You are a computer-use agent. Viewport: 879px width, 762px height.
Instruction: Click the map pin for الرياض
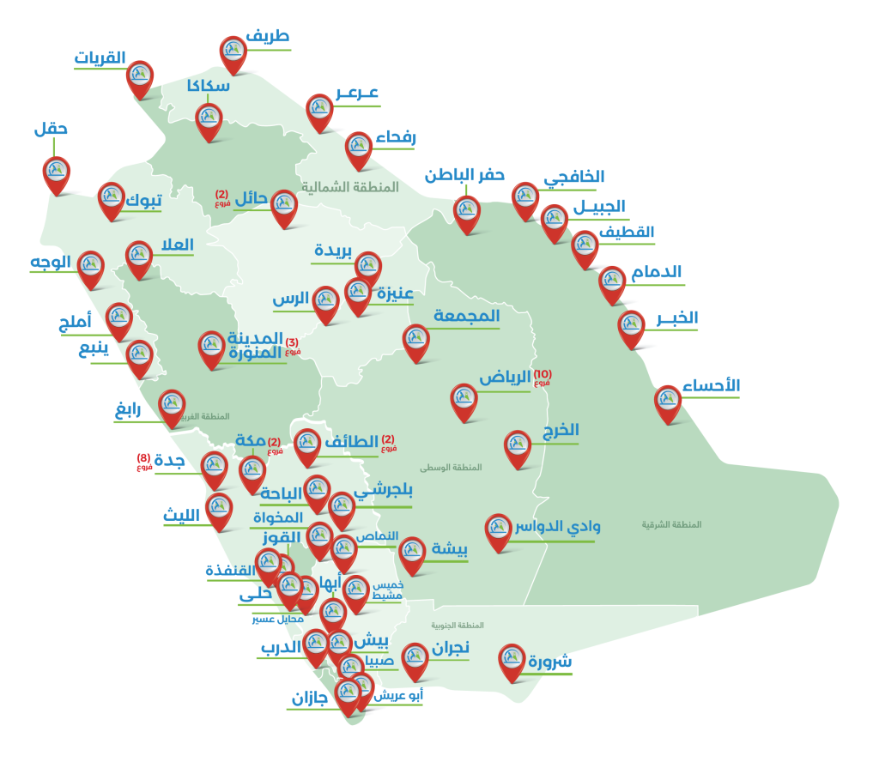click(x=464, y=399)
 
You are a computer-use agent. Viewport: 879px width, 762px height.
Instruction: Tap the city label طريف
click(x=267, y=36)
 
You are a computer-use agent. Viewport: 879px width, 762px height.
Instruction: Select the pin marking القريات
click(x=140, y=76)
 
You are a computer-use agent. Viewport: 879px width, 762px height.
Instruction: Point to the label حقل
click(x=51, y=130)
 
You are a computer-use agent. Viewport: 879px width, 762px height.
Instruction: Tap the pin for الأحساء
click(x=668, y=401)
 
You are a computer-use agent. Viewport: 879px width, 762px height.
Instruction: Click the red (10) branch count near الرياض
click(x=543, y=375)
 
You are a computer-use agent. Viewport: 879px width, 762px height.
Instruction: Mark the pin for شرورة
click(x=512, y=660)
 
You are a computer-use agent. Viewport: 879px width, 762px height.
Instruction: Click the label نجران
click(x=450, y=649)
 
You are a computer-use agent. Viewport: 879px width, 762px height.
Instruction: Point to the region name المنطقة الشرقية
click(x=671, y=524)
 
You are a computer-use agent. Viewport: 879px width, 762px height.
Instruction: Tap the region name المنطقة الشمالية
click(x=349, y=187)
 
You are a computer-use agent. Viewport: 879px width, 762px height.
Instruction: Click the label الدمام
click(x=657, y=273)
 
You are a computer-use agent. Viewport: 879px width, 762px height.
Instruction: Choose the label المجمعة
click(x=466, y=317)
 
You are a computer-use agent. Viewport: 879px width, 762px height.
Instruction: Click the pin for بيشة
click(x=412, y=553)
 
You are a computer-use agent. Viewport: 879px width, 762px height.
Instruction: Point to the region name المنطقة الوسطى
click(x=451, y=468)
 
